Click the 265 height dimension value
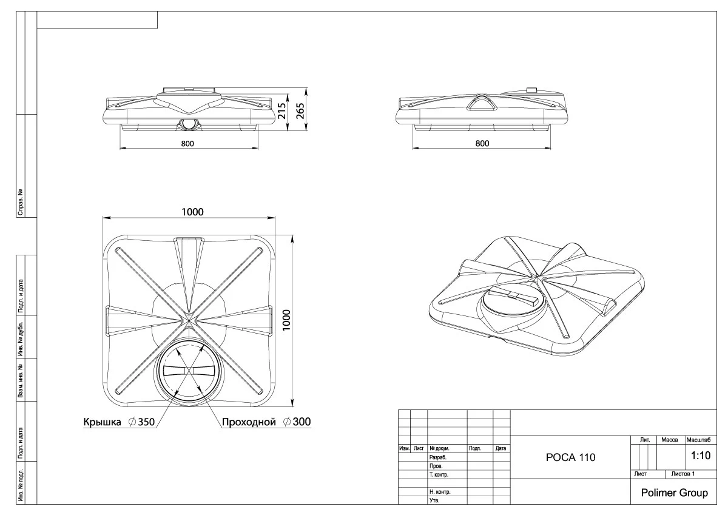coord(300,111)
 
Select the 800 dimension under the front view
coord(187,144)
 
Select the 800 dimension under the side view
coord(482,144)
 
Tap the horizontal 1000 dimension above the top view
coord(192,212)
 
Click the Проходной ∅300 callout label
coord(266,422)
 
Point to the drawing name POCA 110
coord(570,458)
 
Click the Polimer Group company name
coord(674,493)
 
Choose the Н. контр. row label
coord(439,491)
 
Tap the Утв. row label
coord(434,500)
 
